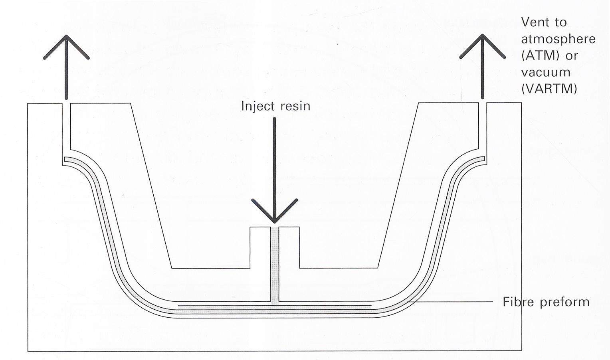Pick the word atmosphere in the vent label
pos(559,39)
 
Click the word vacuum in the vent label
pos(546,72)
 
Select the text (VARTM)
pos(549,89)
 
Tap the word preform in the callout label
pos(564,302)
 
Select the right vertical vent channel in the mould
pos(482,128)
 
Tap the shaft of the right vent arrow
pos(483,76)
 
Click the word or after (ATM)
pos(572,55)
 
